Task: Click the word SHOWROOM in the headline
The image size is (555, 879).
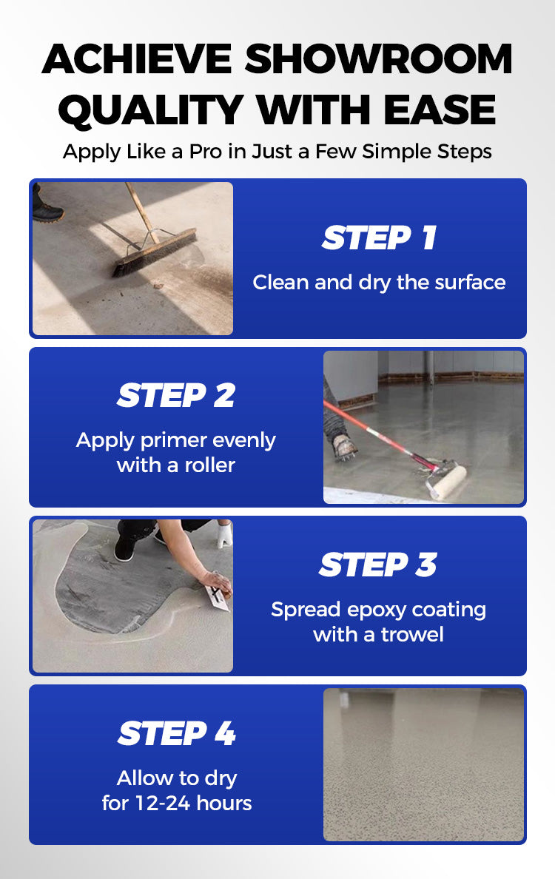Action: tap(378, 59)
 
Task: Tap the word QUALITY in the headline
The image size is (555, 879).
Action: tap(151, 110)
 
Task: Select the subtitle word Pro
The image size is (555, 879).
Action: tap(205, 152)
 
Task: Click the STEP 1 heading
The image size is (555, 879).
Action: tap(379, 238)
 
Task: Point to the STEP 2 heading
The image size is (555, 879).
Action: tap(176, 395)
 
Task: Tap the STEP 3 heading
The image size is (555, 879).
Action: tap(378, 565)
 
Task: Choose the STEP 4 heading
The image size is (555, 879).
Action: tap(177, 733)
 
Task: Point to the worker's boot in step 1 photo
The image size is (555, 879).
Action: tap(47, 208)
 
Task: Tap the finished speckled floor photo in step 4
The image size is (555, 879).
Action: tap(424, 764)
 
